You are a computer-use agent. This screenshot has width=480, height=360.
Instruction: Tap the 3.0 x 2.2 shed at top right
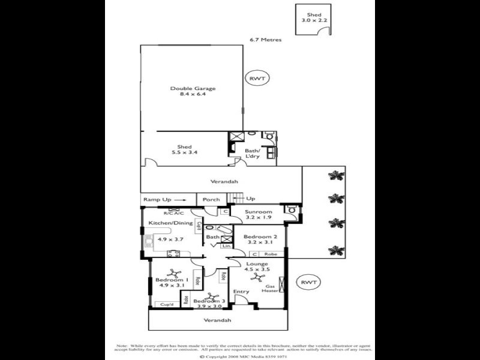point(314,18)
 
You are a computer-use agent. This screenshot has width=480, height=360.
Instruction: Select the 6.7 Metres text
point(266,40)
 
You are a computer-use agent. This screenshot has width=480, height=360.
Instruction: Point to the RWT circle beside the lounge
point(308,282)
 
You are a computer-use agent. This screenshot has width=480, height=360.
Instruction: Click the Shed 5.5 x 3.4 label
point(184,149)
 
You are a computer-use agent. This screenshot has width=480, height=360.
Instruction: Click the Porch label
point(211,200)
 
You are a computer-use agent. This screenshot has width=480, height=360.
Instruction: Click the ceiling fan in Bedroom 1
point(174,273)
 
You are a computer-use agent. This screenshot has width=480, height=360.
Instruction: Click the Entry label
point(241,292)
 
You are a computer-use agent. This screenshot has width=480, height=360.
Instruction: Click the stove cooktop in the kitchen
point(174,254)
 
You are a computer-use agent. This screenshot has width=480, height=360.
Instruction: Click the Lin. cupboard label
point(226,246)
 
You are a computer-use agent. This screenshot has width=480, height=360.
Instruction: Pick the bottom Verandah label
point(217,320)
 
